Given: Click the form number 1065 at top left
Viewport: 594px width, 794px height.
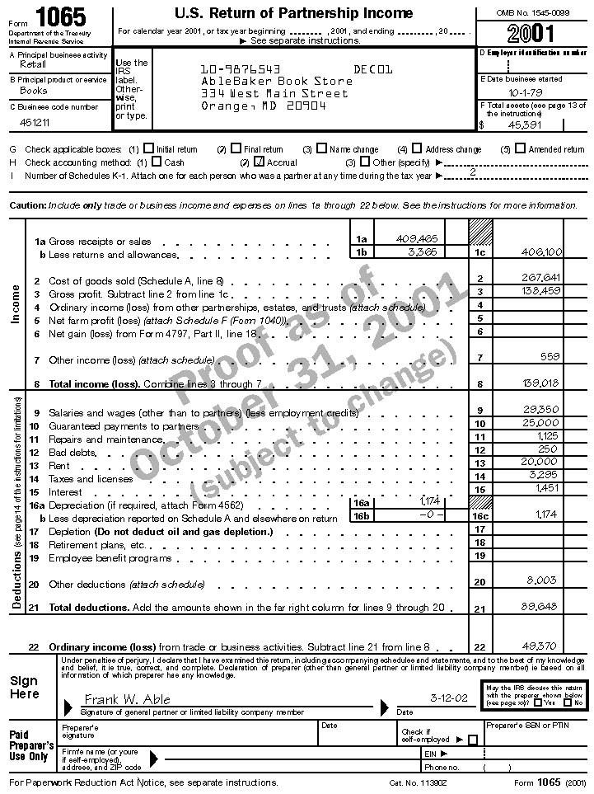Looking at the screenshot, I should point(62,16).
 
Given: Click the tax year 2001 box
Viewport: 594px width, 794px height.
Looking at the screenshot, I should point(531,34).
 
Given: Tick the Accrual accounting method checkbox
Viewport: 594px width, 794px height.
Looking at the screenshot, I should point(260,162).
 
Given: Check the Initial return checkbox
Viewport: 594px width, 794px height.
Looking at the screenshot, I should point(148,149).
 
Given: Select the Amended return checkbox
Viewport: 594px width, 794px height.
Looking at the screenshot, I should point(520,149).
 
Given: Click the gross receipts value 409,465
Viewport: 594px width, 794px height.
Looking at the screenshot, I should point(416,238).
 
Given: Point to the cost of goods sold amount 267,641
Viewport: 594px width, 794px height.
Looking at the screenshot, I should point(541,278).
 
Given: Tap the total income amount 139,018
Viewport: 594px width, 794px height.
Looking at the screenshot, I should point(541,383).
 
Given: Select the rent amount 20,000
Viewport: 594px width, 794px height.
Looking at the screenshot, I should point(541,463).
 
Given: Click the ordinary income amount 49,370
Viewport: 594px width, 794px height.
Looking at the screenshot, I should point(541,646).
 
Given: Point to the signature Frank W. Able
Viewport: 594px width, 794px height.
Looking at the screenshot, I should point(128,699).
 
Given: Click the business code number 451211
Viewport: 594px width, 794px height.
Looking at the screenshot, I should point(35,122).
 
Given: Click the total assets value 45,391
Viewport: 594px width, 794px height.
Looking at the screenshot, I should point(525,125).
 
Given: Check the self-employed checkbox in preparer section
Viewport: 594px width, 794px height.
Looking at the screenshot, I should point(472,740).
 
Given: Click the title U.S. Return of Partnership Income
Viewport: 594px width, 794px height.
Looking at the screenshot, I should point(293,13).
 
